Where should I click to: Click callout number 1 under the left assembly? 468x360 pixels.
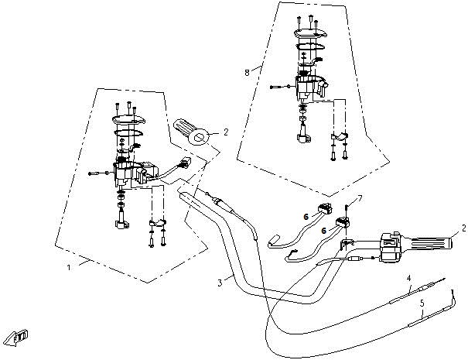click(x=70, y=267)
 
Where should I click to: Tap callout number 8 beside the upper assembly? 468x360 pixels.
click(x=247, y=72)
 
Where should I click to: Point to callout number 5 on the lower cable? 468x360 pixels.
click(x=422, y=303)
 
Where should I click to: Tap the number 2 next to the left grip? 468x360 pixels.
click(x=226, y=132)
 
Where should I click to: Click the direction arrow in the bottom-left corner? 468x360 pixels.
click(x=17, y=337)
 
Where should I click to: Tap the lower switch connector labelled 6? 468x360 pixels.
click(x=342, y=225)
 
